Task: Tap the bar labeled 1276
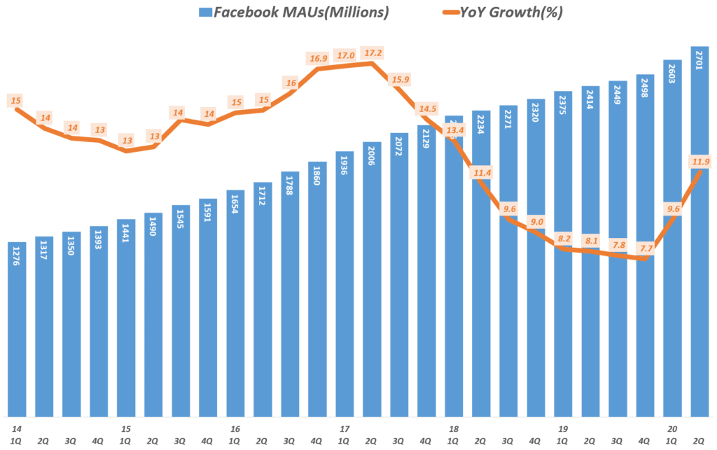pyautogui.click(x=18, y=329)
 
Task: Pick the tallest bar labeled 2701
pyautogui.click(x=700, y=231)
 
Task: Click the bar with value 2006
pyautogui.click(x=373, y=280)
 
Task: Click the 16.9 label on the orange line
pyautogui.click(x=318, y=59)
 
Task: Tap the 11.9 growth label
pyautogui.click(x=700, y=162)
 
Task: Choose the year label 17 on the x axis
pyautogui.click(x=344, y=429)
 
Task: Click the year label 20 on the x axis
pyautogui.click(x=672, y=429)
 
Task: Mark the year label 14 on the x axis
pyautogui.click(x=15, y=429)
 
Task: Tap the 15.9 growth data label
pyautogui.click(x=400, y=79)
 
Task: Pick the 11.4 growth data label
pyautogui.click(x=482, y=171)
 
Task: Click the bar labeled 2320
pyautogui.click(x=536, y=259)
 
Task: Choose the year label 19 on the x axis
pyautogui.click(x=563, y=429)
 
